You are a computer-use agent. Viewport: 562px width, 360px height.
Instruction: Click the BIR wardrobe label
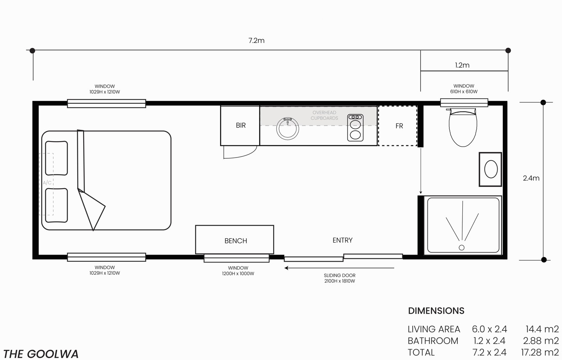pos(240,125)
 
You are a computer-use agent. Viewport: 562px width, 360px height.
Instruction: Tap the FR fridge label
pos(399,126)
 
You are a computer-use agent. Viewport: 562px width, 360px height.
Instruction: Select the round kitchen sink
pos(288,129)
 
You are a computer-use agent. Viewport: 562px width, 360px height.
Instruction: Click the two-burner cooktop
pos(355,128)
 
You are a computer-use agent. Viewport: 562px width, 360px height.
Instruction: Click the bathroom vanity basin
pos(491,169)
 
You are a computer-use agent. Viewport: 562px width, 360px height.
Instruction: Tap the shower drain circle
pos(462,247)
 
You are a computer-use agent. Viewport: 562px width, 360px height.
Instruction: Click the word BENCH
pos(235,241)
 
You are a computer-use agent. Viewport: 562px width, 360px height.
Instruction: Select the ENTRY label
pos(343,240)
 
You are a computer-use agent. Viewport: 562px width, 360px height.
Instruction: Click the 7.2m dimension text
pos(256,40)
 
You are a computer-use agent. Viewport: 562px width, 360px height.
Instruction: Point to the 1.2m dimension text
pos(462,65)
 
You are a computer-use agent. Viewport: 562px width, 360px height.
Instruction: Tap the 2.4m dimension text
pos(531,178)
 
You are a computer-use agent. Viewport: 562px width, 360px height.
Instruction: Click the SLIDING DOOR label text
pos(340,275)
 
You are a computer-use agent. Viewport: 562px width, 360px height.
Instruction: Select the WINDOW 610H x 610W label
pos(464,89)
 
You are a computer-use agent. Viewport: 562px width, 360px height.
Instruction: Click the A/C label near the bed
pos(47,182)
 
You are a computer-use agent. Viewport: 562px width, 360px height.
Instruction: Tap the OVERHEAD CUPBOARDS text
pos(324,116)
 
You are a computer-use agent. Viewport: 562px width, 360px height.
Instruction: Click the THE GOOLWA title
pos(41,354)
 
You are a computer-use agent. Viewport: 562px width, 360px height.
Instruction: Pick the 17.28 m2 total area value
pos(540,352)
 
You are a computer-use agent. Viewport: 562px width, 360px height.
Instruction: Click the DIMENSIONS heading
pos(436,311)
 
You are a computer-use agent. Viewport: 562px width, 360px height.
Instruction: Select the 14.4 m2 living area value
pos(542,329)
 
